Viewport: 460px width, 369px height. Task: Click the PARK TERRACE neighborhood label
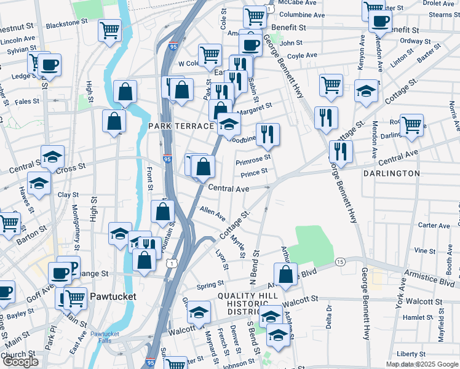coord(181,125)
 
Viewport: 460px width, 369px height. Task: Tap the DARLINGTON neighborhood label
coord(392,173)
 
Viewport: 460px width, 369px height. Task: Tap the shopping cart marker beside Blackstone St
coord(109,29)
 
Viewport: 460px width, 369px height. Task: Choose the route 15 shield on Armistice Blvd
coord(339,262)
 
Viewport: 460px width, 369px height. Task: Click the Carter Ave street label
coord(434,226)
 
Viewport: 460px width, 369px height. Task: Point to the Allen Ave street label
coord(213,214)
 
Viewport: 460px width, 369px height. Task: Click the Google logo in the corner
coord(20,362)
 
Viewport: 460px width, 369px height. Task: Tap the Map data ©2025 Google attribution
coord(422,364)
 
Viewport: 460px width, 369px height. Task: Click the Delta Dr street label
coord(329,316)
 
